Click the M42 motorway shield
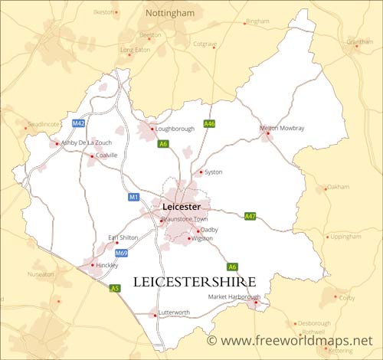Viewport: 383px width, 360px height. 78,123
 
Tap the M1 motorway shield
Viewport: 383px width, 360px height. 133,198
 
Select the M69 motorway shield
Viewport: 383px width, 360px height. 121,253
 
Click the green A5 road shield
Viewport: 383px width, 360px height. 115,288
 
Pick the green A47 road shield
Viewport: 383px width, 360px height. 250,217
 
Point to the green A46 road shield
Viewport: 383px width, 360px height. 209,123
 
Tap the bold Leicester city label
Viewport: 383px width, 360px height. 182,207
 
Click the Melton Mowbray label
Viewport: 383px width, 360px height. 282,128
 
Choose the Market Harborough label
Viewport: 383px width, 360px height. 234,296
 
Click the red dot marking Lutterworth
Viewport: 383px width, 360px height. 155,313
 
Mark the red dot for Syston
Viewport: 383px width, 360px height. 201,172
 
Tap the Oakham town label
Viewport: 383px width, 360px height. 338,187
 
